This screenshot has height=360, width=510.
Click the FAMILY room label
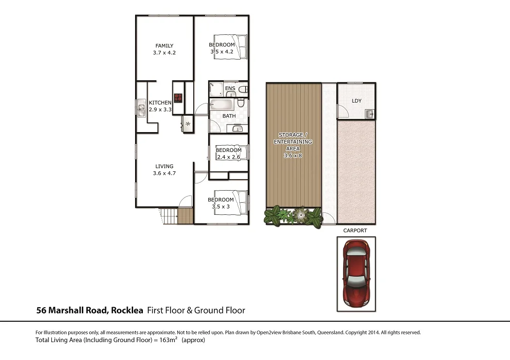pos(164,46)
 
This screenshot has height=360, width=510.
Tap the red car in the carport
pos(356,273)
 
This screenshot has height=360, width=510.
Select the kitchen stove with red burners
pos(178,97)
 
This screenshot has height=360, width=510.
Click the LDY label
pos(356,101)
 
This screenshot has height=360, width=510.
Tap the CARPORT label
pos(355,231)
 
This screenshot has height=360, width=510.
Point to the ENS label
pos(230,89)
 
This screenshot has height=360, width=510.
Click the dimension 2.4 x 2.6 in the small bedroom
pos(228,157)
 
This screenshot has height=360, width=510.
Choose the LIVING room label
pos(164,166)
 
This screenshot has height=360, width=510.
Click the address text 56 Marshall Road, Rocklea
pos(90,310)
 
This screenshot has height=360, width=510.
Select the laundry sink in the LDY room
pos(370,114)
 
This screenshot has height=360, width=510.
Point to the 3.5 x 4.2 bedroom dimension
pos(222,51)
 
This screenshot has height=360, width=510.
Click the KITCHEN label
pos(160,103)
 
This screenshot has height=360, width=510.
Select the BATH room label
pos(229,116)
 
